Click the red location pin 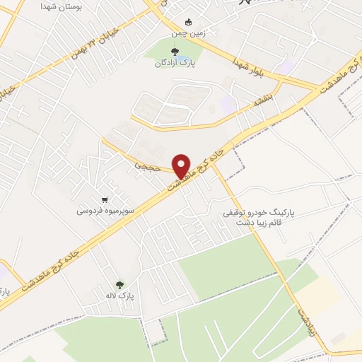pos(182,165)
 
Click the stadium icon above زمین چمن pos(187,21)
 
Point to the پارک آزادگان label pos(175,64)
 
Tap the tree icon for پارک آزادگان pos(175,50)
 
